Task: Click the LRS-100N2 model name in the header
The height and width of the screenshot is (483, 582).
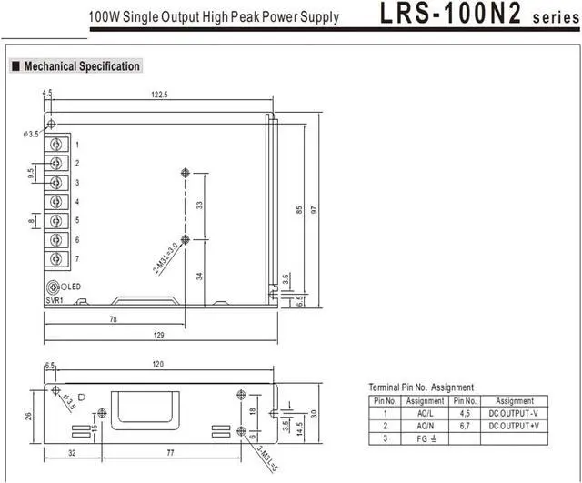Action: pyautogui.click(x=451, y=14)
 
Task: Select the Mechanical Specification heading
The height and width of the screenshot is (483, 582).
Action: pyautogui.click(x=82, y=66)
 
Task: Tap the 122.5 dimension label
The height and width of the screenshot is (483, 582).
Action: pyautogui.click(x=159, y=95)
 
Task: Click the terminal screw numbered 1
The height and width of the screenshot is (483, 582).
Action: pyautogui.click(x=56, y=144)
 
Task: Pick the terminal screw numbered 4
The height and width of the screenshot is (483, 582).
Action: pyautogui.click(x=56, y=202)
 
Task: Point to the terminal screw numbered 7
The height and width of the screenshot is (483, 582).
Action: pyautogui.click(x=56, y=258)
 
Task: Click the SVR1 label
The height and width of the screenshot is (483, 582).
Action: pyautogui.click(x=55, y=300)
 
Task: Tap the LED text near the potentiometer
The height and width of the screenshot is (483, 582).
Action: pyautogui.click(x=74, y=287)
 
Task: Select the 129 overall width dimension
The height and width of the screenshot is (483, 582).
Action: pyautogui.click(x=159, y=336)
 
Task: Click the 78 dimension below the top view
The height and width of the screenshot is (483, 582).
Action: pyautogui.click(x=113, y=319)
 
